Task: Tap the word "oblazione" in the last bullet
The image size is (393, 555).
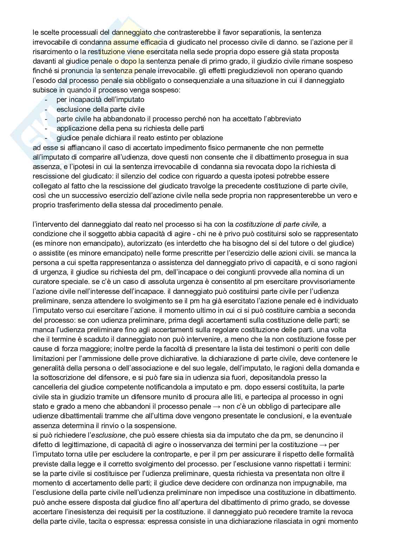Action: (x=208, y=138)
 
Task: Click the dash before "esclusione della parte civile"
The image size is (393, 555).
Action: (x=47, y=109)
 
